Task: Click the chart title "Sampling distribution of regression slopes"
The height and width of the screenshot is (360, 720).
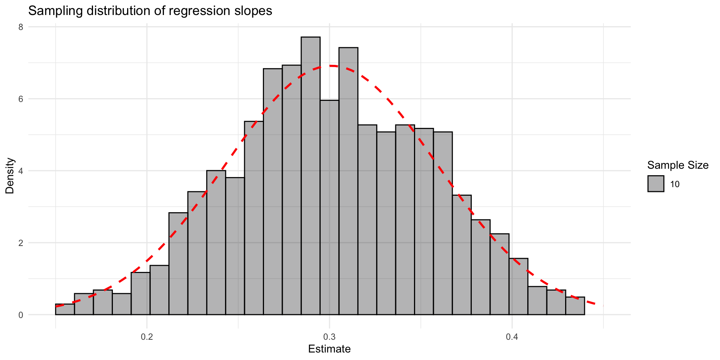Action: click(150, 11)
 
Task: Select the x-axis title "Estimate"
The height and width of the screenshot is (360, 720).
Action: click(329, 349)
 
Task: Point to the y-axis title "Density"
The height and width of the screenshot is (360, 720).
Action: click(10, 175)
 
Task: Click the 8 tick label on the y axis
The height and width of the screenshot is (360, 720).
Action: click(21, 27)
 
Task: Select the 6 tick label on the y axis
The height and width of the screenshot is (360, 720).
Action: click(21, 99)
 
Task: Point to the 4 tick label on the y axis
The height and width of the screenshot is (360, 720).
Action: click(21, 171)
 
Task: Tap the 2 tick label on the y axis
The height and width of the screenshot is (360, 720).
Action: click(21, 243)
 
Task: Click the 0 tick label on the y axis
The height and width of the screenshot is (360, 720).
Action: click(21, 315)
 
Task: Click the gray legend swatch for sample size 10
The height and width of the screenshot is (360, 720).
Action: click(655, 184)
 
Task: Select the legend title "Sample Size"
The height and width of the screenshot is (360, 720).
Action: click(678, 165)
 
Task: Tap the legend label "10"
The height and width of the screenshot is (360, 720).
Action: click(675, 184)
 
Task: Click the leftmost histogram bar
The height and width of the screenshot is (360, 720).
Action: click(65, 309)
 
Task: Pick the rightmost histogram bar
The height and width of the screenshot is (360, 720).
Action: click(575, 306)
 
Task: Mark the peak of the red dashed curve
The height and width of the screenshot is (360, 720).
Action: click(330, 66)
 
